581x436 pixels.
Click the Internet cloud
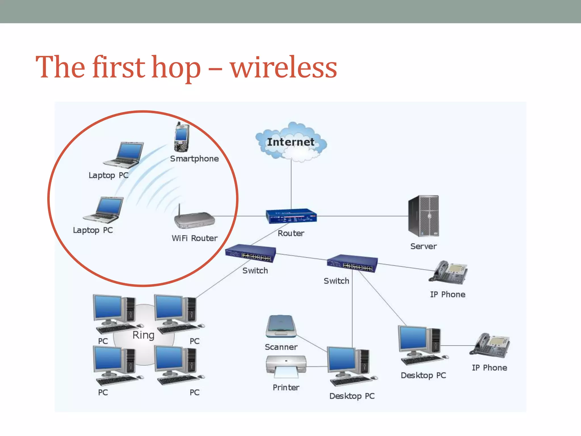(x=291, y=142)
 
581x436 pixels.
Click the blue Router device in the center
(x=291, y=216)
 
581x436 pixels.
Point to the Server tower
(x=423, y=216)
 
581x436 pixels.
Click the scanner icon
(x=281, y=326)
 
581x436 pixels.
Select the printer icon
(x=286, y=366)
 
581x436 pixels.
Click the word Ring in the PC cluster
(x=144, y=335)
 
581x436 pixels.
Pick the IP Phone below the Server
(x=448, y=272)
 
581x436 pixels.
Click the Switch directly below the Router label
(x=250, y=253)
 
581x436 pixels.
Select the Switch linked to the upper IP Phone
(x=352, y=263)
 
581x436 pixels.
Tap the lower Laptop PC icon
(x=104, y=209)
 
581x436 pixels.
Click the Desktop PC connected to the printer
(x=351, y=366)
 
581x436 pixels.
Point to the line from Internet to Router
(x=291, y=185)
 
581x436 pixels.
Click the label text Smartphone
(x=194, y=159)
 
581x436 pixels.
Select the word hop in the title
(x=176, y=68)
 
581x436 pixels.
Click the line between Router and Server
(x=363, y=216)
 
